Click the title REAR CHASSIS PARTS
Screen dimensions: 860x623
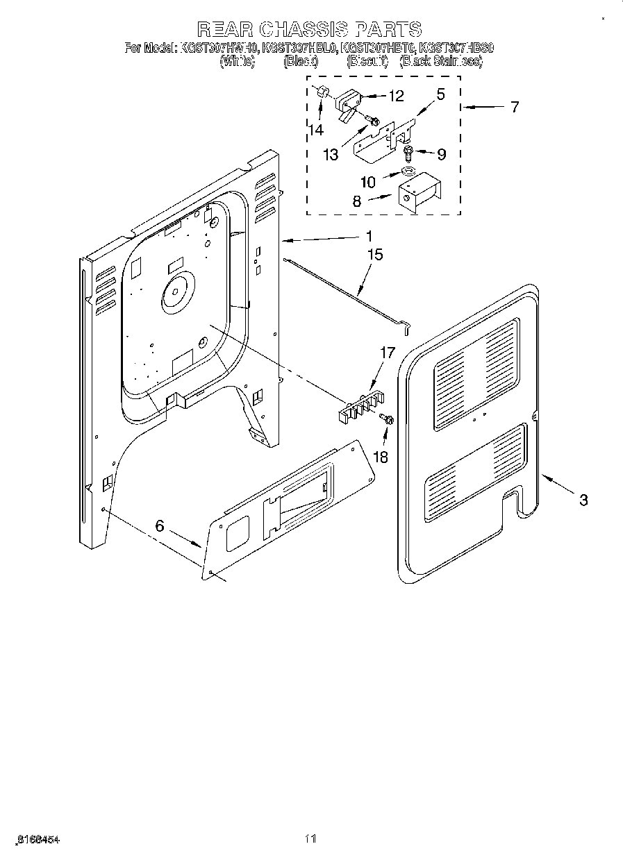[x=309, y=28]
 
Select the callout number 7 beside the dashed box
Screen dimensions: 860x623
[x=514, y=107]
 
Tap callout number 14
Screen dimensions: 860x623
[x=316, y=129]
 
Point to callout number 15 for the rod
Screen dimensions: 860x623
[x=374, y=255]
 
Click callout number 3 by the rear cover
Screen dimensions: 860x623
[x=583, y=499]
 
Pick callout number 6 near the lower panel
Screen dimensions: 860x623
[x=160, y=526]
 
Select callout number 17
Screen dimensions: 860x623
[x=387, y=353]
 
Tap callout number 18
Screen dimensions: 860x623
[x=381, y=457]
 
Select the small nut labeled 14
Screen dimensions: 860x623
[x=322, y=92]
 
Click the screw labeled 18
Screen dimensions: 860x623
[x=388, y=419]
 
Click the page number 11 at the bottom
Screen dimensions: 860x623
[x=310, y=839]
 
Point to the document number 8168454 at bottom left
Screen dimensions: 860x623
[x=34, y=839]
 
